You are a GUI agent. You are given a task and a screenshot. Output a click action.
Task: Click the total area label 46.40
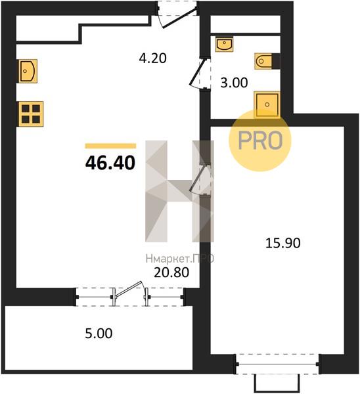(110, 163)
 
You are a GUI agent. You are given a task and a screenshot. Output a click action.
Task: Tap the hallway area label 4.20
(153, 58)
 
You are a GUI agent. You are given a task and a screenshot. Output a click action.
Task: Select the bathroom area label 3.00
(234, 83)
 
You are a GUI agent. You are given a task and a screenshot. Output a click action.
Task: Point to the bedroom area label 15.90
(283, 243)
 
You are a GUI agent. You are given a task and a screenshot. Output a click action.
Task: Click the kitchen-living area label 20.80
(171, 273)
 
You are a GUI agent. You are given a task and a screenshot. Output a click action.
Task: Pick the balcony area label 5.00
(99, 334)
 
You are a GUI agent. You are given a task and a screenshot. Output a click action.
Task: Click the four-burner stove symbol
(30, 114)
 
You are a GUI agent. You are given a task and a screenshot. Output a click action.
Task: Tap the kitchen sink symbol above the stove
(27, 71)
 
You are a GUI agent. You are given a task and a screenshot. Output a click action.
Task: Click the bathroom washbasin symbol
(225, 44)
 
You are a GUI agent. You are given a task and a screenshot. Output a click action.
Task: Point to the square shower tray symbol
(267, 104)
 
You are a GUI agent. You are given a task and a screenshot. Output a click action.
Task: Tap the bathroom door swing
(200, 74)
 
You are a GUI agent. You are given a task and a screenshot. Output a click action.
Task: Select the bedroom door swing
(200, 179)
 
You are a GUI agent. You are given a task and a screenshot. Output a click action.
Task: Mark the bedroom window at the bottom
(277, 364)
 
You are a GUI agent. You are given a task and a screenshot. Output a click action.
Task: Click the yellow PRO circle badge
(260, 141)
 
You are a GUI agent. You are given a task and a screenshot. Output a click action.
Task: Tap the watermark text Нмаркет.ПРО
(180, 258)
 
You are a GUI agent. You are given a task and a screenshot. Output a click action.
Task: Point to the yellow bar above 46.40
(110, 146)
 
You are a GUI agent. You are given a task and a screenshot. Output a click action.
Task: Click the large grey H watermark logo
(180, 191)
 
